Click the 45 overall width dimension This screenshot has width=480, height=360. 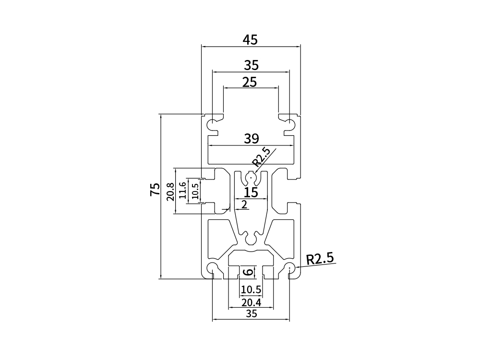click(x=250, y=40)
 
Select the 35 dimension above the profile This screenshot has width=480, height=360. click(x=251, y=64)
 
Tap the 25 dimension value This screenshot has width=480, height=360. click(x=250, y=82)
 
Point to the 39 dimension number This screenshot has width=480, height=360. click(x=251, y=139)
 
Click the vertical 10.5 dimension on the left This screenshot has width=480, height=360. click(x=194, y=191)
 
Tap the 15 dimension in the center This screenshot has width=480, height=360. click(x=251, y=193)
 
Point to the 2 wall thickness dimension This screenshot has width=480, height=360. click(x=244, y=205)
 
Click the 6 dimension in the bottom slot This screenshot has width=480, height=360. click(x=248, y=272)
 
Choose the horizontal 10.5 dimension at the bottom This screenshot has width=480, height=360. click(x=251, y=289)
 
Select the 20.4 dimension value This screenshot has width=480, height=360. click(x=251, y=302)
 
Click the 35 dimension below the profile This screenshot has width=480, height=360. click(x=251, y=314)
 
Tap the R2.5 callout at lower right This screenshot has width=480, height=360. click(x=320, y=259)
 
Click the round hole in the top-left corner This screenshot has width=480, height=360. click(x=212, y=125)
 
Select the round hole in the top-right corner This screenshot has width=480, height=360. click(x=289, y=125)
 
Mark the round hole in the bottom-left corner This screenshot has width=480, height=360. click(x=212, y=268)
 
